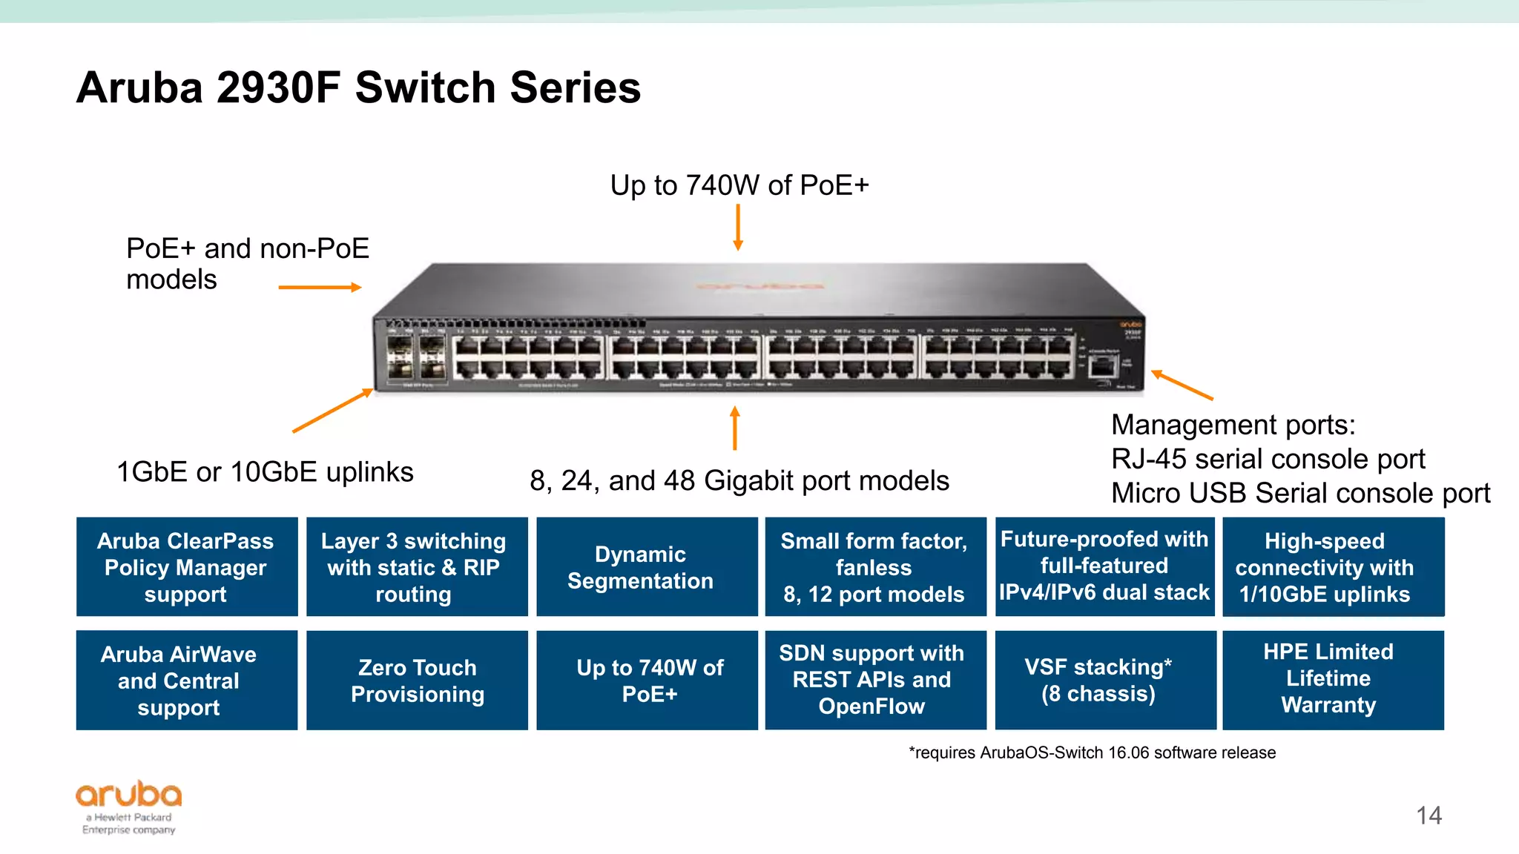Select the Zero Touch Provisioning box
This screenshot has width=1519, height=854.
pos(417,681)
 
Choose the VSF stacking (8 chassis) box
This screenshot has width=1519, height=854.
pos(1104,681)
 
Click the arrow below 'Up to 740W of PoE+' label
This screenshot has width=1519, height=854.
pos(738,228)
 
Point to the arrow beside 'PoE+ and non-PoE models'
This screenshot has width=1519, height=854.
pos(320,287)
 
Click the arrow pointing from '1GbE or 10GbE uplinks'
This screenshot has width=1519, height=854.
pos(332,410)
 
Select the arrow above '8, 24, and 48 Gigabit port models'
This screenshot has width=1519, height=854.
pos(735,428)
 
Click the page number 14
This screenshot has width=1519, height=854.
pos(1429,815)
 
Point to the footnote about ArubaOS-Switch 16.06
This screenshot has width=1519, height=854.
pos(1092,752)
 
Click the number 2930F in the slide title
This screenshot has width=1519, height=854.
pos(278,87)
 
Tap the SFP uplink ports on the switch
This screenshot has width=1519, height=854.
pos(416,357)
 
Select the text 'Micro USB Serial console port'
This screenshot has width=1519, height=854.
pos(1300,493)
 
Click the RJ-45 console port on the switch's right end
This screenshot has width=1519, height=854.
pos(1102,365)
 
